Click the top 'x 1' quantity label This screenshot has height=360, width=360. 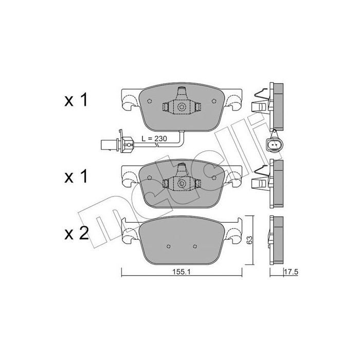tap(77, 101)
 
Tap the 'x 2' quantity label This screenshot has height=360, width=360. tap(77, 235)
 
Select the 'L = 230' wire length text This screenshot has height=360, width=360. tap(154, 138)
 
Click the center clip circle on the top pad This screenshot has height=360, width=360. tap(182, 107)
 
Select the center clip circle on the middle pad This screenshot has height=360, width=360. tap(182, 184)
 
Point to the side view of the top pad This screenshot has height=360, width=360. tap(277, 105)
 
